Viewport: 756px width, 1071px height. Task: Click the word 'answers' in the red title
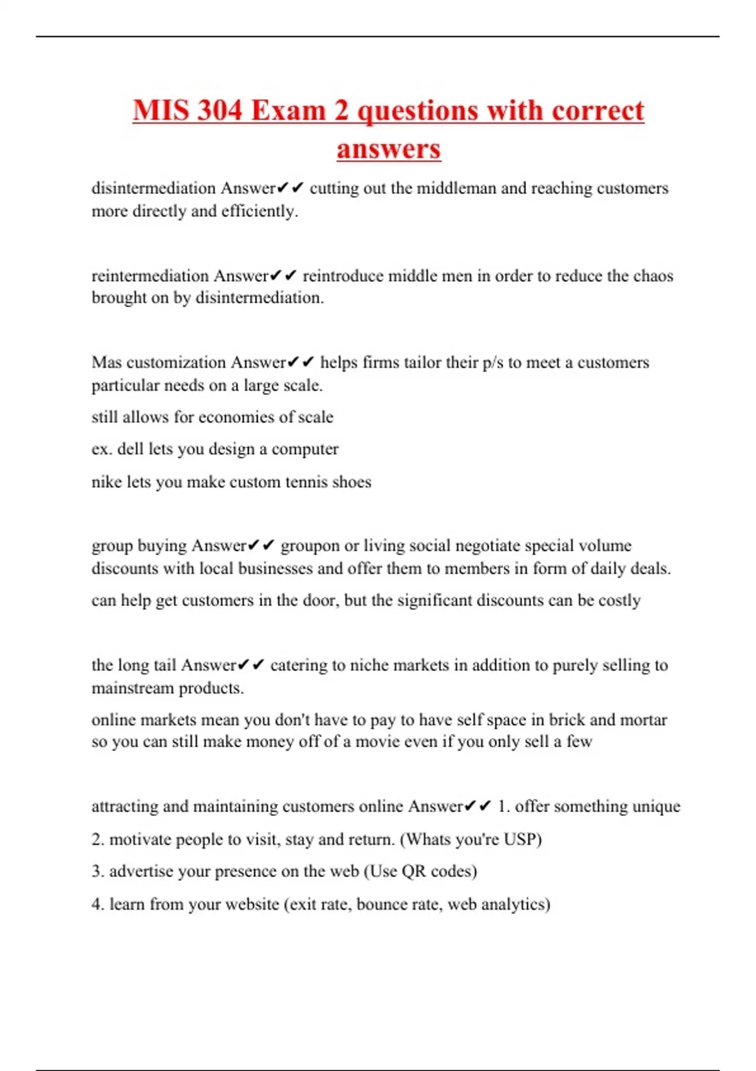[x=388, y=149]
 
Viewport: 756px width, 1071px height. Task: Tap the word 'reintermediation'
[x=150, y=276]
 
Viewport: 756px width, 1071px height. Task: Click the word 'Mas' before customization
[x=106, y=362]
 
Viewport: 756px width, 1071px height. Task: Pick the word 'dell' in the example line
[x=130, y=449]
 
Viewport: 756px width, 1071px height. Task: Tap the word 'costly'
[x=619, y=600]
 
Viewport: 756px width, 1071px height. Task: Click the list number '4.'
[x=98, y=904]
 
